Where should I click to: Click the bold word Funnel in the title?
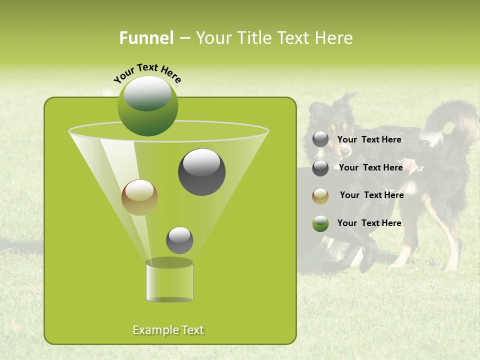(x=146, y=38)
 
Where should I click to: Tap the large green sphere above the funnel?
(x=147, y=106)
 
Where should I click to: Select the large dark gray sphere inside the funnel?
(x=201, y=172)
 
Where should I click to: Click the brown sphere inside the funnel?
(x=139, y=197)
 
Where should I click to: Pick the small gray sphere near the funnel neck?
(x=179, y=240)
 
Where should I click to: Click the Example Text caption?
(x=168, y=330)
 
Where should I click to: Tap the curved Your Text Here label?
(x=147, y=72)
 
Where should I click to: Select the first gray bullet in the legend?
(x=320, y=139)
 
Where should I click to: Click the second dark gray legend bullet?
(x=320, y=168)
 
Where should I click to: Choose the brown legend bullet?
(x=320, y=196)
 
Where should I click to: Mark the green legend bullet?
(x=320, y=224)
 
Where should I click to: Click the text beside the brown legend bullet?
(x=371, y=195)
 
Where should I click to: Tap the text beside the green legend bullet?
(x=369, y=223)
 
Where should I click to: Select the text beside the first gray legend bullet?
(x=369, y=139)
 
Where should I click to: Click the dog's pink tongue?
(x=411, y=165)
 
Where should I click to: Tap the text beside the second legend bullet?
(x=370, y=167)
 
